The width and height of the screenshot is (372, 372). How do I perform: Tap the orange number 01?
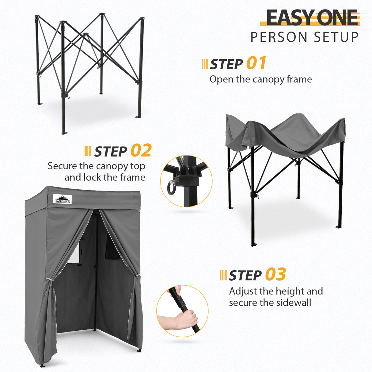pos(256,63)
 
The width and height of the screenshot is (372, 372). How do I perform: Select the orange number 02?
pos(141,150)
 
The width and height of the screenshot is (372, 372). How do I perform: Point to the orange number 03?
pos(275,274)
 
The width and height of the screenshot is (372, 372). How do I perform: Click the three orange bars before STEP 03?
pos(223,275)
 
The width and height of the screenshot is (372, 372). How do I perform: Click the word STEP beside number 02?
pos(111,151)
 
